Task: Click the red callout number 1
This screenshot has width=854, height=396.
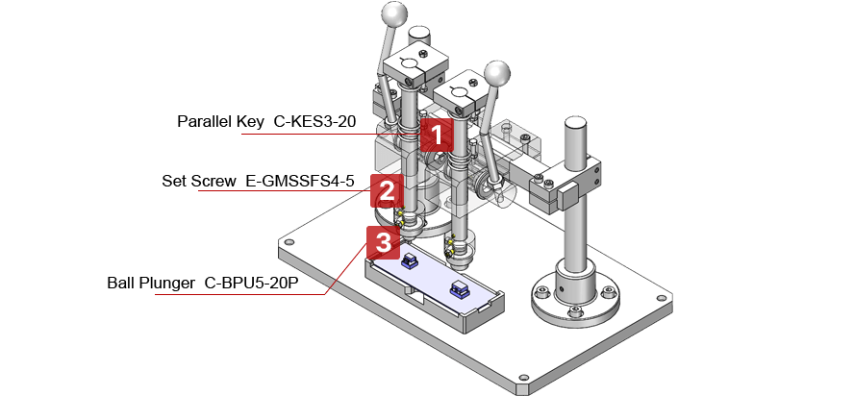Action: [x=436, y=134]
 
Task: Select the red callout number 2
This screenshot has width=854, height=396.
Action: [x=384, y=189]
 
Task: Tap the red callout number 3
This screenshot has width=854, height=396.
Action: [x=382, y=242]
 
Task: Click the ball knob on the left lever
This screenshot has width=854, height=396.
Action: [x=394, y=15]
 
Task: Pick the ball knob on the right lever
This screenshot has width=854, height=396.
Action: [x=496, y=74]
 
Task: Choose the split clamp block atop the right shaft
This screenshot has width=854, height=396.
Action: [x=458, y=94]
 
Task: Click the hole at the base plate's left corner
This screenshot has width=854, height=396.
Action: [x=286, y=244]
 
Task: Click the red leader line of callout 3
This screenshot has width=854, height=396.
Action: [x=240, y=294]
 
